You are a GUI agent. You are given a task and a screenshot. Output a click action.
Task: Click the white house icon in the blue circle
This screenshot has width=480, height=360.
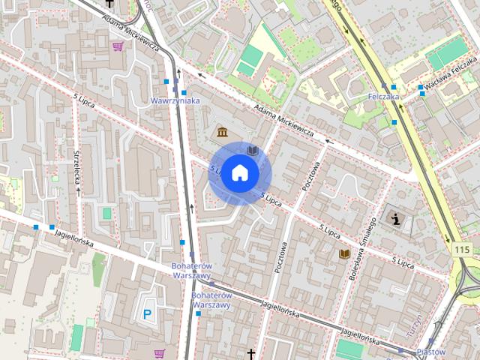239,172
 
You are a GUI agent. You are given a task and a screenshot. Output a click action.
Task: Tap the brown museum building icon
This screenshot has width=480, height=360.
223,133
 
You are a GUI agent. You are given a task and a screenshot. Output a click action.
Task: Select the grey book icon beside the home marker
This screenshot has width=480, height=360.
253,151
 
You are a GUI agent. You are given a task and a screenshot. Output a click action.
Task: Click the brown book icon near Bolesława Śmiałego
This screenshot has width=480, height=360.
344,254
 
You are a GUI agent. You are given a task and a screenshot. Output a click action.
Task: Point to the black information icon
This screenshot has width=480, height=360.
395,218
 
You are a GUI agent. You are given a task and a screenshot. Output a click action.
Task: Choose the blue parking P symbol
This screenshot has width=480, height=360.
148,314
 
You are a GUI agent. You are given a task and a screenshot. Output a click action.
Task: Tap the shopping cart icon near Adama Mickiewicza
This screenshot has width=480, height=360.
118,46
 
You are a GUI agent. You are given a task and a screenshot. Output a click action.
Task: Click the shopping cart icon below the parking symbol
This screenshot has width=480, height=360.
159,352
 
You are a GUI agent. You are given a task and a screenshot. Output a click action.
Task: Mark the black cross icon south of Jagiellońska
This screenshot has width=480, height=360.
251,353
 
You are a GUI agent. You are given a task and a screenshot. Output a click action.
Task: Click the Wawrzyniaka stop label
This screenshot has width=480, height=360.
175,100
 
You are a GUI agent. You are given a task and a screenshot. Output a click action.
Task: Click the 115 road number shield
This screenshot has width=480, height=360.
461,248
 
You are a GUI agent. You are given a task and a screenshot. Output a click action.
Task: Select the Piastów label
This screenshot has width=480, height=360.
430,351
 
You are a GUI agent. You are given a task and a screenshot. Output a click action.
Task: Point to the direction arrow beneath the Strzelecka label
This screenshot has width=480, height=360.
78,192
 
